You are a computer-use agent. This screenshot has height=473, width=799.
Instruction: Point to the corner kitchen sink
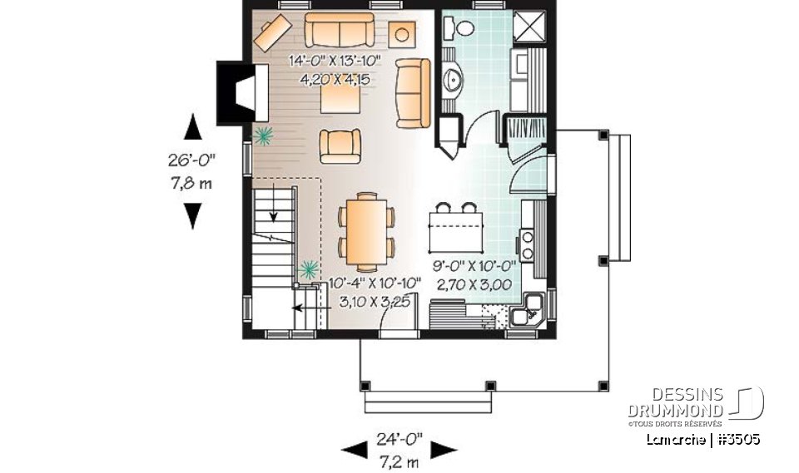[x=527, y=313]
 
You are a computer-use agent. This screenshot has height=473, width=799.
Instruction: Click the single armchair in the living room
[x=340, y=146]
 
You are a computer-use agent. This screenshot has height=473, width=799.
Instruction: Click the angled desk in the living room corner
[x=271, y=32]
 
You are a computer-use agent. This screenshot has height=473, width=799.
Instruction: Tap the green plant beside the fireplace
[x=265, y=134]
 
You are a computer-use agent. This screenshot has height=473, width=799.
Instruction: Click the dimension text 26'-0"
[x=193, y=161]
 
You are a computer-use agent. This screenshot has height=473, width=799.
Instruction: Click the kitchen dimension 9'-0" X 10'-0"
[x=474, y=267]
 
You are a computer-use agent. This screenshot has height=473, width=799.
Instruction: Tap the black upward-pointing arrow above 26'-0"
[x=193, y=126]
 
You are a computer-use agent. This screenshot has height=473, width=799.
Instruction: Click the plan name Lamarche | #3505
[x=702, y=438]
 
